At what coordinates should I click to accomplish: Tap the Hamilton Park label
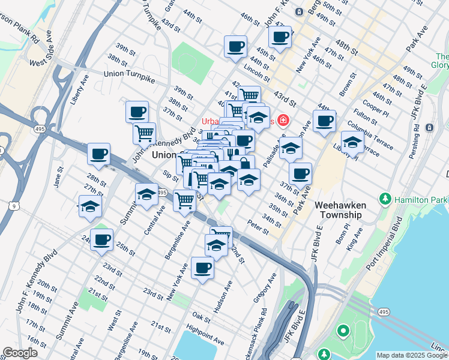point(420,199)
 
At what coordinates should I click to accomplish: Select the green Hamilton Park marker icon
point(385,199)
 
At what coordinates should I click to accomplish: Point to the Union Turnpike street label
point(129,74)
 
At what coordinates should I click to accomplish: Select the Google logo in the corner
point(20,353)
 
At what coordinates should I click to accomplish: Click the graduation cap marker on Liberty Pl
point(352,142)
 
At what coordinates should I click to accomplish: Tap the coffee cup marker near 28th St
point(98,154)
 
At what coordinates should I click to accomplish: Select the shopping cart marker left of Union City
point(144,133)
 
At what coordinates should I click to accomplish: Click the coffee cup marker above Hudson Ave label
point(203,268)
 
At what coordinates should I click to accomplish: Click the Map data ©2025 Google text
point(412,355)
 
